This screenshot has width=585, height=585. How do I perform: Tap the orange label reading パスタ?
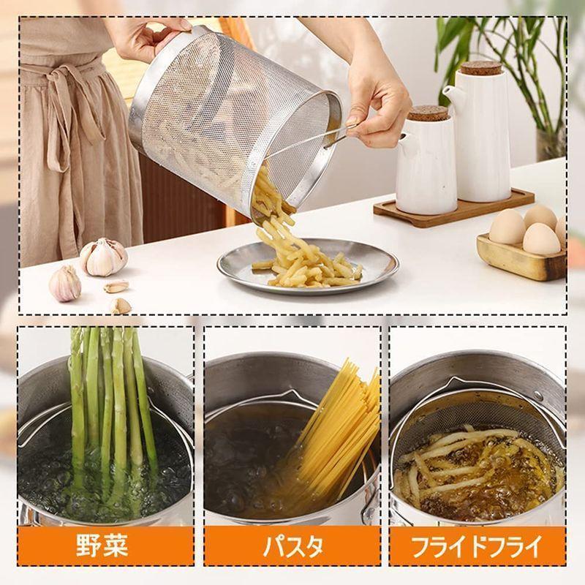[292, 546]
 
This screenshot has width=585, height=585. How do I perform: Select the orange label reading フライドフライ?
[478, 546]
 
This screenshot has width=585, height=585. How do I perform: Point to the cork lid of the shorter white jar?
[428, 113]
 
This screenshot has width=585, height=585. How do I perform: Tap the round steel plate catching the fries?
[308, 265]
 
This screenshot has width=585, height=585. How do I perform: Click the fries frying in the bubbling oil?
[470, 463]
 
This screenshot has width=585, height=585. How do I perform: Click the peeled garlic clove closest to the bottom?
[121, 306]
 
